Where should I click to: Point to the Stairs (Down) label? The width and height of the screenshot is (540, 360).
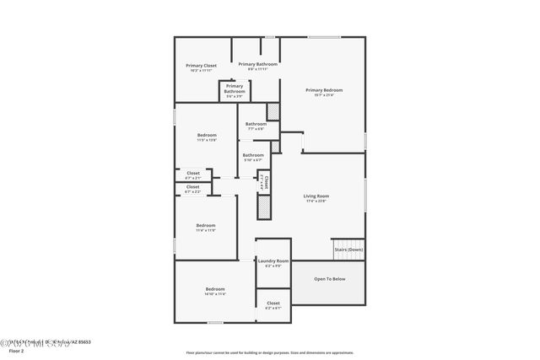[348, 250]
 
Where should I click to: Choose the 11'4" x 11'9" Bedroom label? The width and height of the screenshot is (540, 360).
[206, 227]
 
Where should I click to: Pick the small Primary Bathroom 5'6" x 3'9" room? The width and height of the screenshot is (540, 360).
[235, 90]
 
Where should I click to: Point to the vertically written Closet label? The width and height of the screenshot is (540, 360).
[267, 180]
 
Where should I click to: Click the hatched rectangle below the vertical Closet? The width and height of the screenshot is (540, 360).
[263, 207]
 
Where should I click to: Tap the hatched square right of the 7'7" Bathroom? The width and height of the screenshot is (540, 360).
[273, 111]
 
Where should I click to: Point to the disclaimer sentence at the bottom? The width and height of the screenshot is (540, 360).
[270, 352]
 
